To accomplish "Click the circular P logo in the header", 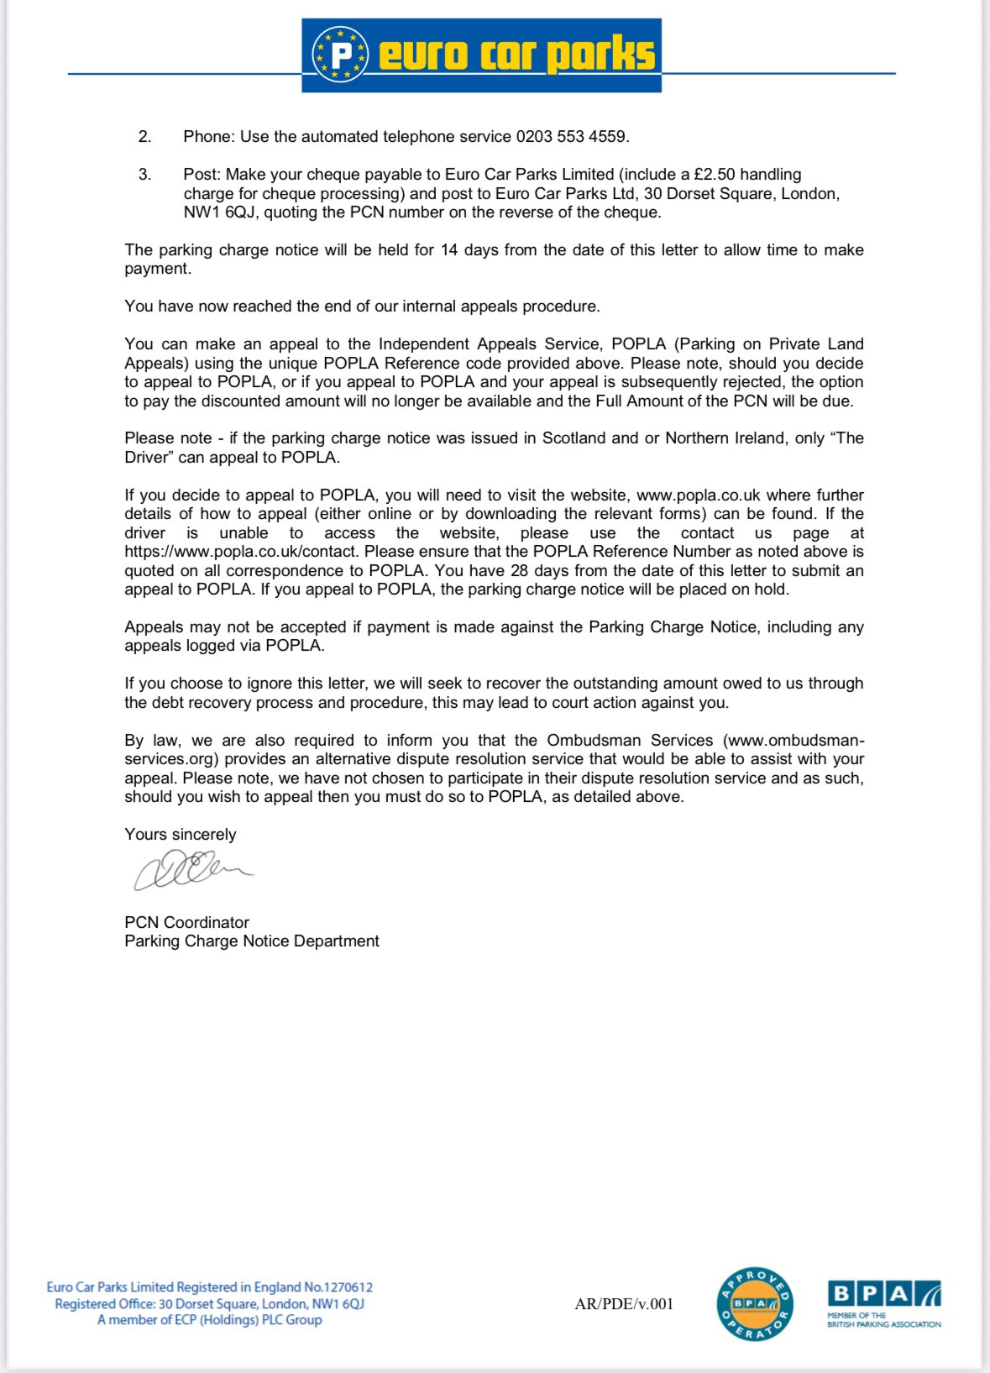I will pos(340,55).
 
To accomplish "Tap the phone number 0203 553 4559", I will pos(571,137).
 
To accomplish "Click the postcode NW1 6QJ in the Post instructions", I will pos(220,212).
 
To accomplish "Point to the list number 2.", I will pos(145,137).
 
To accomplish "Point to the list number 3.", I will pos(145,175).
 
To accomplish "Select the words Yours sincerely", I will pos(181,835).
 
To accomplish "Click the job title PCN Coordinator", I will pos(186,922).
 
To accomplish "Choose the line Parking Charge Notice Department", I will pos(252,941).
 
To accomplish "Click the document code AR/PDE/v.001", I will pos(624,1304).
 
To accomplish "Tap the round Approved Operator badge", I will pos(754,1304).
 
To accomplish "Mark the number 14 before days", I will pos(449,250).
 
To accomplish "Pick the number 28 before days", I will pos(520,571).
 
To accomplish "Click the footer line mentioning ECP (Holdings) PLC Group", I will pos(210,1320).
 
